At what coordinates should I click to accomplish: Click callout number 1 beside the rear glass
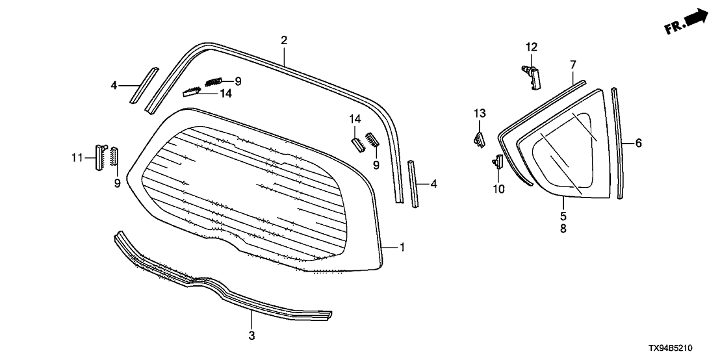coord(402,248)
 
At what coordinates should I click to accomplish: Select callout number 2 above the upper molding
coord(284,40)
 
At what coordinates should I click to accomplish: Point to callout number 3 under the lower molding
coord(251,335)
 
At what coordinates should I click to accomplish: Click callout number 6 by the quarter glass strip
coord(638,143)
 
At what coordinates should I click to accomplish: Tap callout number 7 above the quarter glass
coord(573,65)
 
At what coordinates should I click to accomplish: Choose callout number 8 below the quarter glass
coord(563,228)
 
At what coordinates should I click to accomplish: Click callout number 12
coord(532,47)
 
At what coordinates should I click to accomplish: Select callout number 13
coord(480,113)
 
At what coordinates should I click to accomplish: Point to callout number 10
coord(498,188)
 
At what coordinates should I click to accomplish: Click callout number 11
coord(77,158)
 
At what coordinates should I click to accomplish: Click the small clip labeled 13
coord(479,140)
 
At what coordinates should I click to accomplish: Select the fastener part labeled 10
coord(498,162)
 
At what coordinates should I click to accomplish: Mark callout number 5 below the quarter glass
coord(563,215)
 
